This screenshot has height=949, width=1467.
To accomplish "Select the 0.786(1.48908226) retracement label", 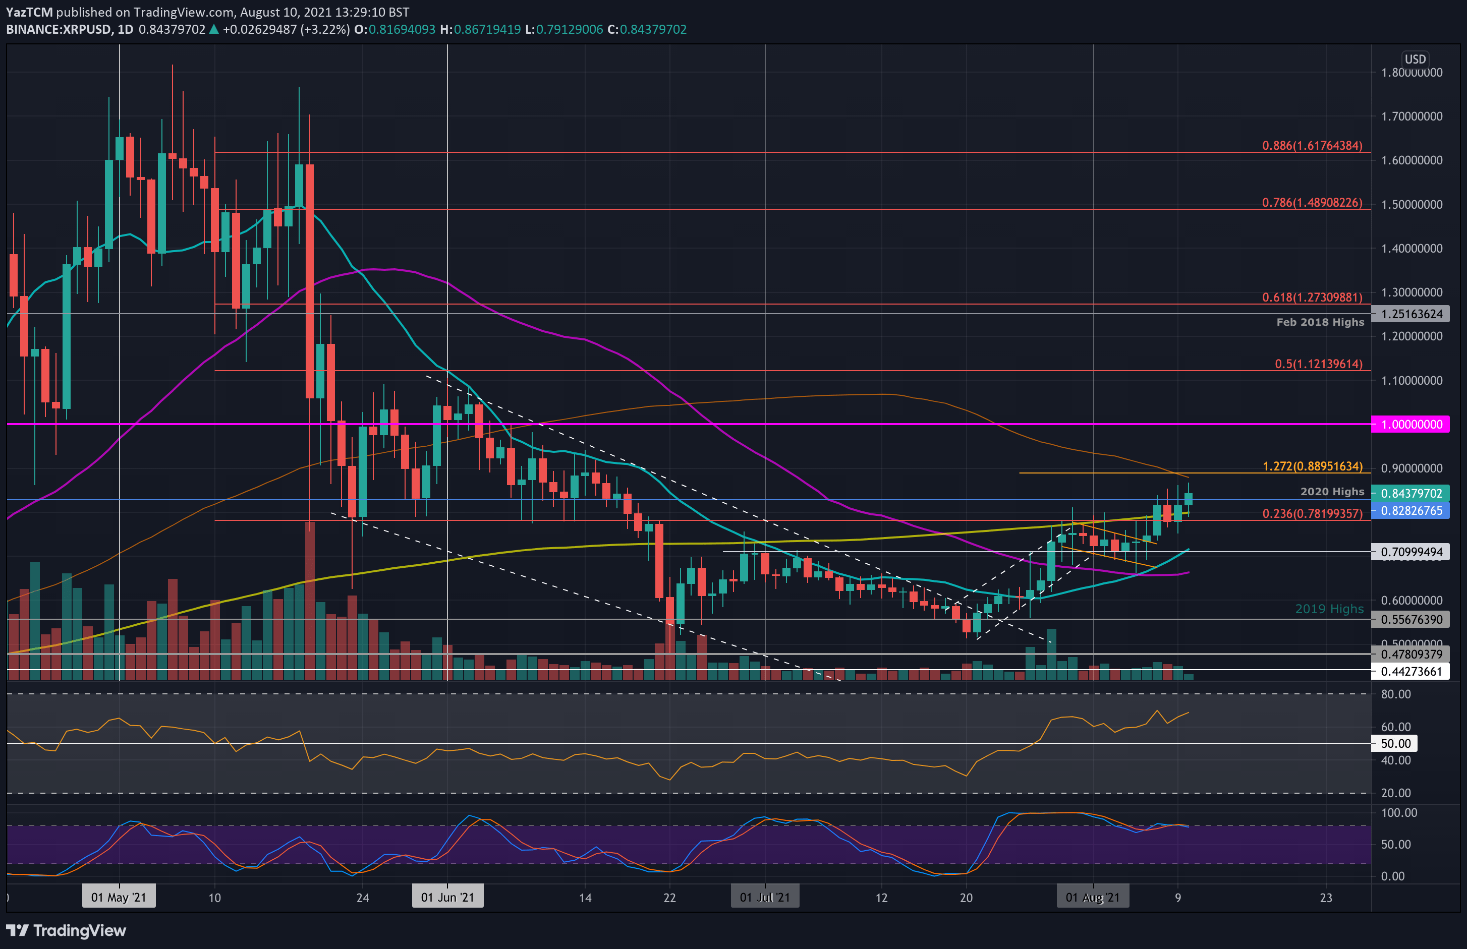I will pyautogui.click(x=1312, y=203).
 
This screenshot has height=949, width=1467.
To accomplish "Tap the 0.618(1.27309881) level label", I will pyautogui.click(x=1312, y=298).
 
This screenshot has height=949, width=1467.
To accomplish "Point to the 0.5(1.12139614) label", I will pyautogui.click(x=1319, y=364).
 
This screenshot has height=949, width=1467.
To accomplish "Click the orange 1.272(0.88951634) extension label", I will pyautogui.click(x=1312, y=466).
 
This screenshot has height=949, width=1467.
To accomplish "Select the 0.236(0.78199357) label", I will pyautogui.click(x=1312, y=514).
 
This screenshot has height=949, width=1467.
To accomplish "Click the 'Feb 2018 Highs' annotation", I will pyautogui.click(x=1320, y=322).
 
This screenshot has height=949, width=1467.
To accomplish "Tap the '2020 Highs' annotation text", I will pyautogui.click(x=1332, y=492).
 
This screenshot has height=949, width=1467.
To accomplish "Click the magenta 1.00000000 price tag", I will pyautogui.click(x=1411, y=425).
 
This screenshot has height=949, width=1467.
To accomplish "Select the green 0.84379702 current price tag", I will pyautogui.click(x=1411, y=494).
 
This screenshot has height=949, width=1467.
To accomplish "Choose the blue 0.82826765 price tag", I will pyautogui.click(x=1411, y=511).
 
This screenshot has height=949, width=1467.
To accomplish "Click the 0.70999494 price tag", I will pyautogui.click(x=1411, y=552).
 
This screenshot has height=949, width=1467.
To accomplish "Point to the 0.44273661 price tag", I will pyautogui.click(x=1411, y=672).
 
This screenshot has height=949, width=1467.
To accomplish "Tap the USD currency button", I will pyautogui.click(x=1415, y=59).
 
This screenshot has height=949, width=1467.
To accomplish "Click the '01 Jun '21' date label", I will pyautogui.click(x=447, y=897).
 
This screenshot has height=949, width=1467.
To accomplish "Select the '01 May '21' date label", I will pyautogui.click(x=119, y=897).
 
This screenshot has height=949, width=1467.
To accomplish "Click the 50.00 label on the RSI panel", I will pyautogui.click(x=1395, y=744).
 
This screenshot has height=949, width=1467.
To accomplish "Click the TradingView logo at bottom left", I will pyautogui.click(x=66, y=930).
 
